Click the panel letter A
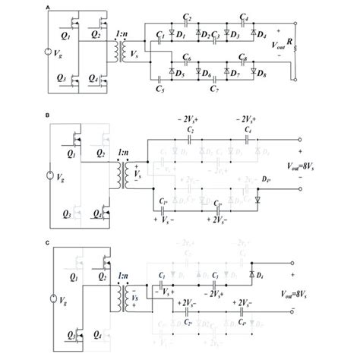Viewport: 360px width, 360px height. click(x=49, y=7)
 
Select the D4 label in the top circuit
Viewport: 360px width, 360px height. click(x=263, y=36)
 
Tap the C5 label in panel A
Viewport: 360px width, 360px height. click(x=159, y=90)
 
